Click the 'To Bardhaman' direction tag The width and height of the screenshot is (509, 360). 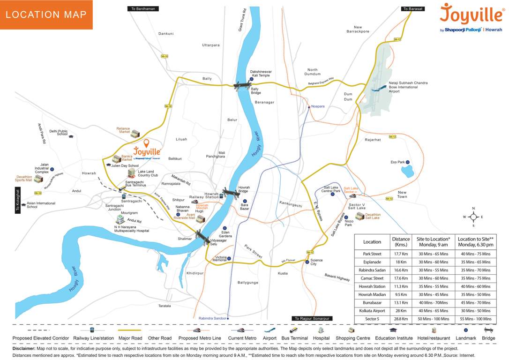pos(144,8)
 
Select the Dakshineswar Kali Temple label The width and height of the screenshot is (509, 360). pos(261,73)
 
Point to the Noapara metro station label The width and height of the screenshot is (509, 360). pos(318,106)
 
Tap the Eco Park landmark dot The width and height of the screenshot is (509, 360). pos(408,162)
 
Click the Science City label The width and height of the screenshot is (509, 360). pos(316,262)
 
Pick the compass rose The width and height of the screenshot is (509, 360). pos(473,217)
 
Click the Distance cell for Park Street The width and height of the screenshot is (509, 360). pos(400,254)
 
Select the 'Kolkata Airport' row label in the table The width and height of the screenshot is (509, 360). pos(372,311)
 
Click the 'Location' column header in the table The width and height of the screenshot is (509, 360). pos(372,242)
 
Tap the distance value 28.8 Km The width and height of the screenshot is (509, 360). pos(400,319)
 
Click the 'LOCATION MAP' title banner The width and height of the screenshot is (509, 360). pos(46,15)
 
